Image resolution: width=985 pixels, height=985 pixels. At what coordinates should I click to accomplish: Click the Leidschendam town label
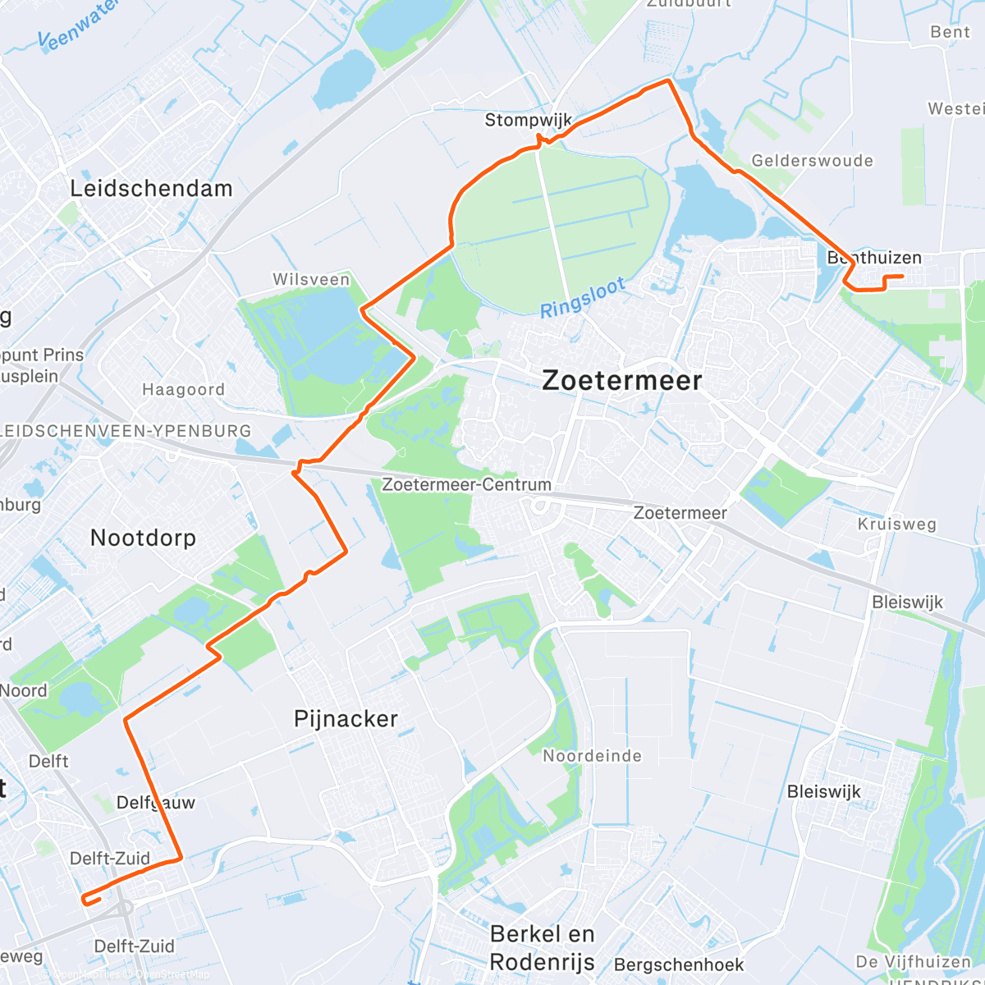point(151,188)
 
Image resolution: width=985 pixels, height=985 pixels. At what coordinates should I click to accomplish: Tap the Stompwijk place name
point(528,120)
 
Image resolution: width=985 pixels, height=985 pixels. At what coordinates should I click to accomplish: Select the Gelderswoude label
point(812,161)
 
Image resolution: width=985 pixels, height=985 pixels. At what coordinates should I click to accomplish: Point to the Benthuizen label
point(874,258)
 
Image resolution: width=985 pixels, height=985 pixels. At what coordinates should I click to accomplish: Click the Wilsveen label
point(311,280)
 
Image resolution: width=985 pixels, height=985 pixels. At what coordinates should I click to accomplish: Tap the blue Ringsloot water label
point(583,297)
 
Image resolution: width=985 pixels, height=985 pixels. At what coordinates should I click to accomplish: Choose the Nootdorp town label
point(143,538)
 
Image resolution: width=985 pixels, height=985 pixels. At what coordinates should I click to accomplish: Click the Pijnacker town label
point(346,719)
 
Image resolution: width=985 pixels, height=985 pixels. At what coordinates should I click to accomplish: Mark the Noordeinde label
point(592,756)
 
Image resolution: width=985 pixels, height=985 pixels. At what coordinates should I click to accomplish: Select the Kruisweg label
point(896,525)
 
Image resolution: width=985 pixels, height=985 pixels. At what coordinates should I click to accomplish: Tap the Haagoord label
point(183,390)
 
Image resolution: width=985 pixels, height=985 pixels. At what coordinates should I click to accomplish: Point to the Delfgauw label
point(156,803)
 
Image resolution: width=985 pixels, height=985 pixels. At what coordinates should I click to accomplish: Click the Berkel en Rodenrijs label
point(543,947)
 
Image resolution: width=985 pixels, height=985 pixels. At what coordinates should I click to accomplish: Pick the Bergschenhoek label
point(679,964)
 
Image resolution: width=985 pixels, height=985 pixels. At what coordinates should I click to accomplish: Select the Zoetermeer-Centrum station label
point(466,484)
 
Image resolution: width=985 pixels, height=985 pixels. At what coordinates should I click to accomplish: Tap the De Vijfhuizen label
point(913,961)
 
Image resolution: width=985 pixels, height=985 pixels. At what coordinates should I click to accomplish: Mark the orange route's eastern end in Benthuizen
point(903,277)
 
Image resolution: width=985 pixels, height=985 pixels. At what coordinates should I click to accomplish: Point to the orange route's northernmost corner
point(669,80)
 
